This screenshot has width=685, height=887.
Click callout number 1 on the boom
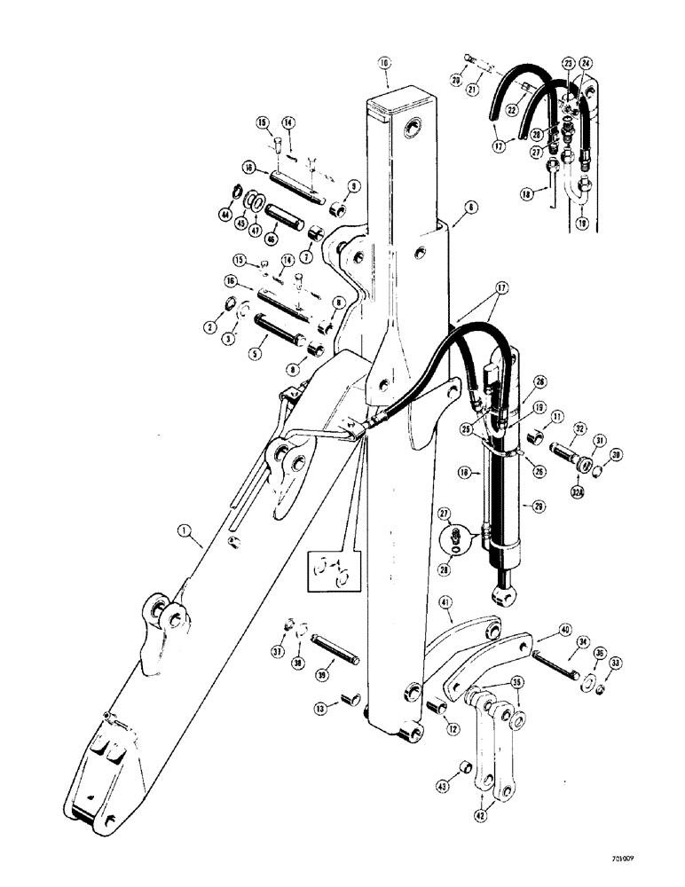(x=185, y=532)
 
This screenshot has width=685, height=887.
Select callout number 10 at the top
(x=384, y=63)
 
